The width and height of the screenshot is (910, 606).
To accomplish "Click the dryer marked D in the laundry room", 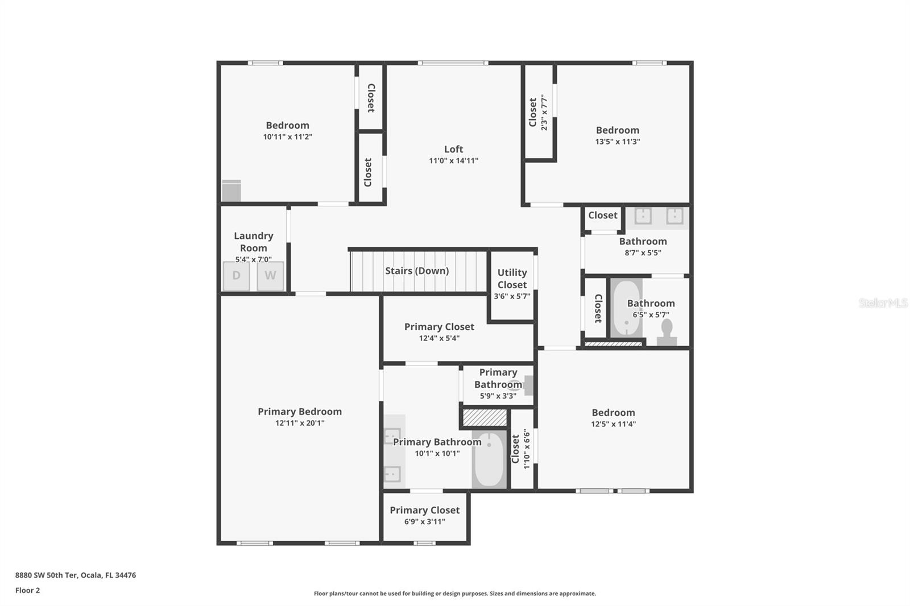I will pyautogui.click(x=236, y=276).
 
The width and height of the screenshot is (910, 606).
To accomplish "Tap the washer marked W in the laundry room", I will pyautogui.click(x=270, y=276).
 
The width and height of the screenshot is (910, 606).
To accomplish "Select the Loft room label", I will pyautogui.click(x=453, y=149).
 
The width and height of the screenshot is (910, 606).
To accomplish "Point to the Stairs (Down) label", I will pyautogui.click(x=417, y=271).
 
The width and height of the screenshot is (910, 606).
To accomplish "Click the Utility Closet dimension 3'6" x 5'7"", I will pyautogui.click(x=512, y=296).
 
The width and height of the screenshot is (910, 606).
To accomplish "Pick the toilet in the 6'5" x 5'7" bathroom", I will pyautogui.click(x=667, y=332).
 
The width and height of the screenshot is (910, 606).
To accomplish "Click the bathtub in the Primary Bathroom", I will pyautogui.click(x=489, y=459).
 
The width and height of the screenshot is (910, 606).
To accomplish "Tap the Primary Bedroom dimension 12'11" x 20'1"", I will pyautogui.click(x=300, y=423).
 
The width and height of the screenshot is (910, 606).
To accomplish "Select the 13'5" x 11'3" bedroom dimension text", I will pyautogui.click(x=618, y=142).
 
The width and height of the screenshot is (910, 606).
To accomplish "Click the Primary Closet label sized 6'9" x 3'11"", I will pyautogui.click(x=424, y=510).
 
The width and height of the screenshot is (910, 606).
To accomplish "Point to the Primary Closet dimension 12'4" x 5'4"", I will pyautogui.click(x=439, y=338).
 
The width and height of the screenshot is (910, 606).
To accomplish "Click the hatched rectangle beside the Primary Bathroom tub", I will pyautogui.click(x=484, y=418).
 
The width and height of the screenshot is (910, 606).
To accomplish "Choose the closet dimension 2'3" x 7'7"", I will pyautogui.click(x=544, y=113).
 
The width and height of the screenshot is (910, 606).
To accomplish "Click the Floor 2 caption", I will pyautogui.click(x=27, y=590).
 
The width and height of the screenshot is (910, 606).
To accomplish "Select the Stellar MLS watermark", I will pyautogui.click(x=883, y=303).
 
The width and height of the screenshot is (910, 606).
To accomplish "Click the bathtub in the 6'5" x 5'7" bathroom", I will pyautogui.click(x=626, y=308).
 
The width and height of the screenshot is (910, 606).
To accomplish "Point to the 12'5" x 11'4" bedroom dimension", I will pyautogui.click(x=613, y=424).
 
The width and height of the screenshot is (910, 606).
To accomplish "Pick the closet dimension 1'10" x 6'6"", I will pyautogui.click(x=527, y=449).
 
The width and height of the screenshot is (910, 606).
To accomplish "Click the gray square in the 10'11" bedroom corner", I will pyautogui.click(x=231, y=191).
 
